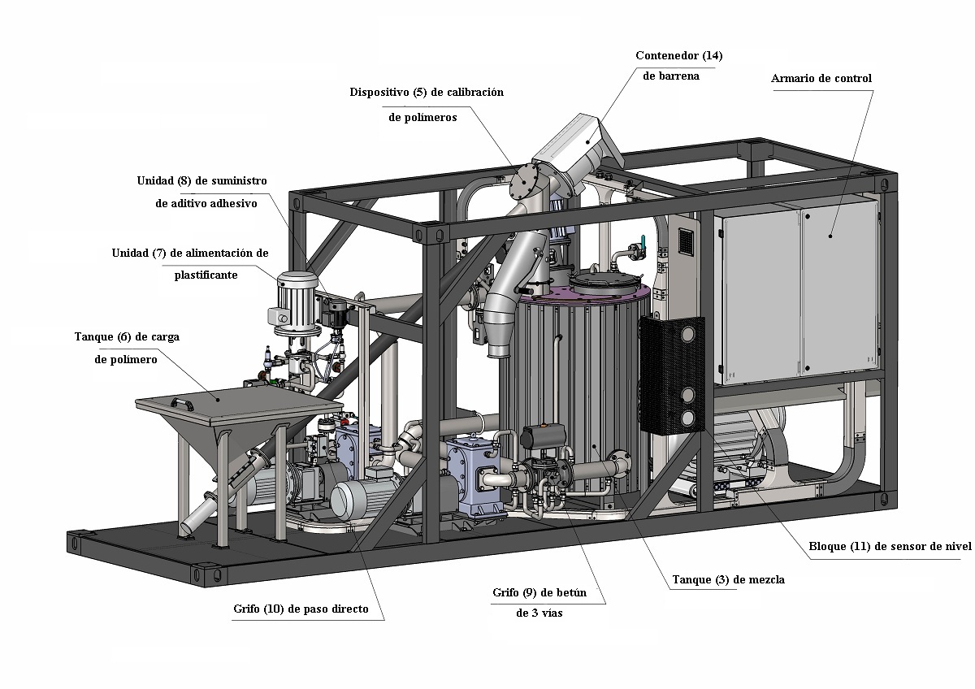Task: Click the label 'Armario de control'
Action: [821, 78]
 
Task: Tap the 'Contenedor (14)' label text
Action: [679, 56]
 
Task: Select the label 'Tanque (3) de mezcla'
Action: [729, 580]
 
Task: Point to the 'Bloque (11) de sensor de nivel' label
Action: [890, 546]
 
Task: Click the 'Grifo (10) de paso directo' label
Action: [301, 609]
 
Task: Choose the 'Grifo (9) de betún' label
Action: [539, 592]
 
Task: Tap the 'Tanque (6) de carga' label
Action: [127, 337]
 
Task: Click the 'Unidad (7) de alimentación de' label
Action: [190, 253]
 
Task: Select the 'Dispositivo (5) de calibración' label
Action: [427, 93]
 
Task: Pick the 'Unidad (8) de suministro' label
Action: [202, 180]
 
